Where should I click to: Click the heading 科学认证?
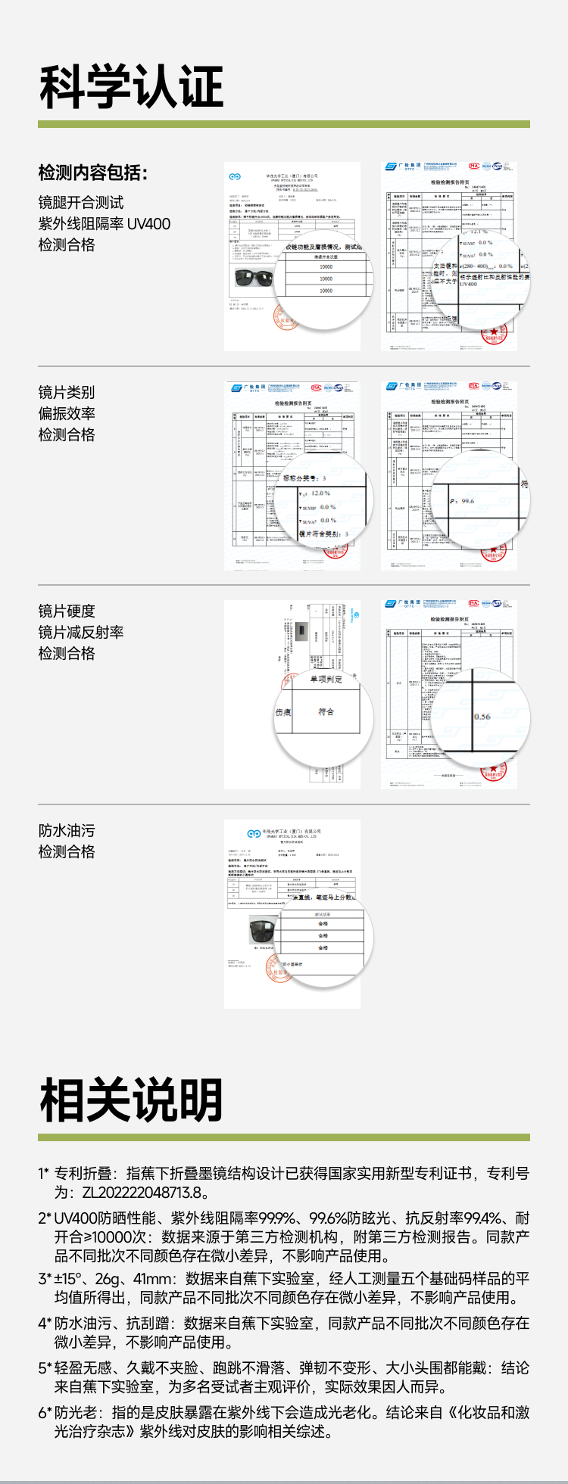point(131,87)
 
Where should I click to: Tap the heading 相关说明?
point(131,1100)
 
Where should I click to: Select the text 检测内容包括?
point(93,173)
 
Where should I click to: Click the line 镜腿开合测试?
point(81,203)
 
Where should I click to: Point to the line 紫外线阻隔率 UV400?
point(105,224)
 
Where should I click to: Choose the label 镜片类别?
point(67,392)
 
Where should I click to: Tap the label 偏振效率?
point(67,413)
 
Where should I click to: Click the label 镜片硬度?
point(67,611)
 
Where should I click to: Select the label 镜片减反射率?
point(81,632)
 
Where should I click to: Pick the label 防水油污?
point(67,830)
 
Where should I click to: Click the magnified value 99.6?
point(467,501)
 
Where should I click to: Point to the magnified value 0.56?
point(482,716)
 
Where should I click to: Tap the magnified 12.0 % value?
point(320,493)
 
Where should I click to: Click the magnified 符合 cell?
point(326,712)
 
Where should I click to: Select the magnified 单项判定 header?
point(326,680)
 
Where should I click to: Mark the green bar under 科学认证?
point(284,124)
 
